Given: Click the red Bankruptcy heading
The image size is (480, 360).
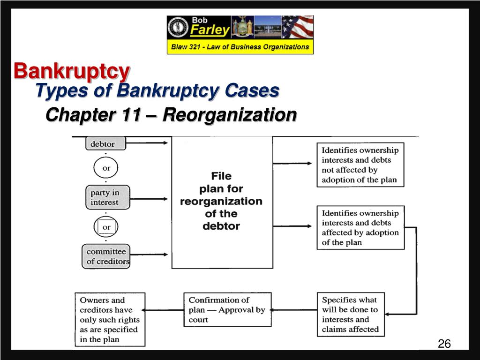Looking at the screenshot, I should [71, 71].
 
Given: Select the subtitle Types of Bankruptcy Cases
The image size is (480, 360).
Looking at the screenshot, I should [157, 90].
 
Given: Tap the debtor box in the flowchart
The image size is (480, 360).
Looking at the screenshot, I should [106, 143].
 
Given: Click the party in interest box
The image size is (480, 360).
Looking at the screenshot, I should [107, 197].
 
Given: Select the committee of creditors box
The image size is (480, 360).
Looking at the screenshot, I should [106, 256].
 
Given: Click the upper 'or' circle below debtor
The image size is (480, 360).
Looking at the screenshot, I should [106, 168].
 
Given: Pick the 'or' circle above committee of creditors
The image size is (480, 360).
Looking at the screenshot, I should [106, 227].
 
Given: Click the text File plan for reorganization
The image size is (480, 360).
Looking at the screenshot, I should [221, 201].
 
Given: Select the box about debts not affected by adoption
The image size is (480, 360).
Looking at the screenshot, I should [360, 165].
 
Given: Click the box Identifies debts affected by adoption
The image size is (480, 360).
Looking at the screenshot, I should [360, 227].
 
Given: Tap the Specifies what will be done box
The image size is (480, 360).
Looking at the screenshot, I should [350, 315].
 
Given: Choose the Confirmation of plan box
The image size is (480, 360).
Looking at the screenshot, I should [227, 310].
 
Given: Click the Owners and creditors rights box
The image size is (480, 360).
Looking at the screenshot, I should [110, 320].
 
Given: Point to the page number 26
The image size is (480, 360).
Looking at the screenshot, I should [444, 344].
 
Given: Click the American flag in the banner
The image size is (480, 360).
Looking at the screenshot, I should [297, 28].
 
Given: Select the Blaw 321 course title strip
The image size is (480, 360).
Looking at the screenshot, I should [240, 47].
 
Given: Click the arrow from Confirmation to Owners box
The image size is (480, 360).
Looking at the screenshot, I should [162, 310].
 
